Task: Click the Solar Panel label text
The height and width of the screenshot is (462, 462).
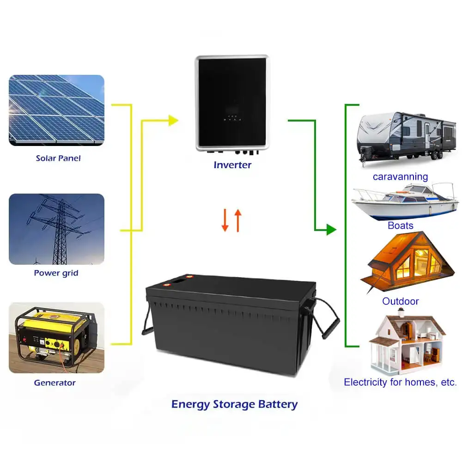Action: [x=58, y=158]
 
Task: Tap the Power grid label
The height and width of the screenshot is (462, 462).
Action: [x=56, y=273]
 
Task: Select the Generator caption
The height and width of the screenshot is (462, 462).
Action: [x=55, y=383]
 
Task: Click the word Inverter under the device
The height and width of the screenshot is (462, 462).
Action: [x=232, y=164]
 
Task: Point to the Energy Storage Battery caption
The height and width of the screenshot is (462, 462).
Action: [x=234, y=404]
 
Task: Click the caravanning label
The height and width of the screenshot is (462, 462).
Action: [x=401, y=176]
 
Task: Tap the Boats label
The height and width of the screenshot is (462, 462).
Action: [x=401, y=225]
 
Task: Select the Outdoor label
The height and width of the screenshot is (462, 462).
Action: [x=401, y=301]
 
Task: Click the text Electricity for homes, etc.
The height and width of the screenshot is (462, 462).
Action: [x=401, y=382]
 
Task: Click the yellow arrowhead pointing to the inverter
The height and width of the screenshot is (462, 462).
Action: [x=173, y=121]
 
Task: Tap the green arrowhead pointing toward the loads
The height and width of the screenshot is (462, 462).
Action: [x=331, y=229]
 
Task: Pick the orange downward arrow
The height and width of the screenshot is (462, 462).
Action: [x=225, y=221]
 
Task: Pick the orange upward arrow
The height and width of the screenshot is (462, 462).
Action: [x=238, y=220]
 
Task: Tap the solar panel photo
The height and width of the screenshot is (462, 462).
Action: [x=56, y=110]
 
